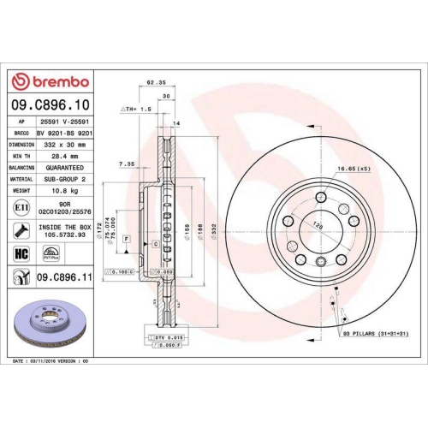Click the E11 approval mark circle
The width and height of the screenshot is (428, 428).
tap(21, 208)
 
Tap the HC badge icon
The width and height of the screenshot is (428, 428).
tap(21, 253)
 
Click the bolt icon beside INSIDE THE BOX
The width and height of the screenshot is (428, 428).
tap(21, 230)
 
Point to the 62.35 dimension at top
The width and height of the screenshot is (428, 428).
tap(155, 83)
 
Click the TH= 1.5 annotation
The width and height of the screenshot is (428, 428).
tap(136, 110)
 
